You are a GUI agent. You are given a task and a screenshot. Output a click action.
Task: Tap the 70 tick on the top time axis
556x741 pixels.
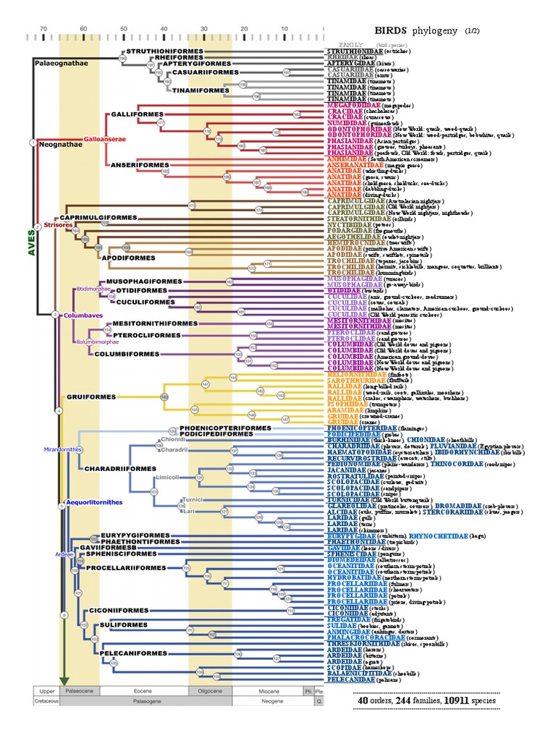point(43,29)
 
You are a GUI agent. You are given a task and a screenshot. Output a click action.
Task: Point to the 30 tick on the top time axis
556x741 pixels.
point(203,29)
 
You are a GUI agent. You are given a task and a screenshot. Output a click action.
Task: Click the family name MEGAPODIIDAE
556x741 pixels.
point(350,105)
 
